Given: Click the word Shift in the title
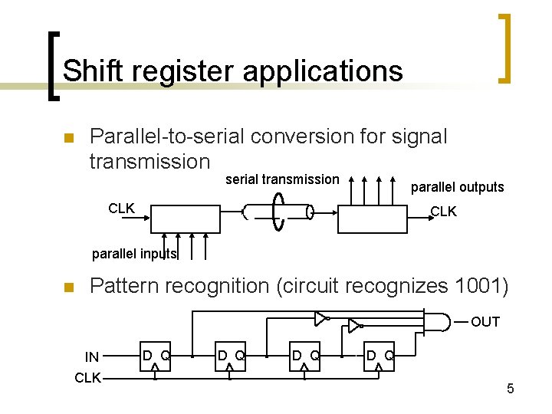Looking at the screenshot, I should coord(87,71).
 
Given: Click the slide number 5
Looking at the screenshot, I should coord(510,389).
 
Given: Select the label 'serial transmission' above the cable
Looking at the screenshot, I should coord(282,179).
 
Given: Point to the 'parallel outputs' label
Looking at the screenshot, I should coord(458,187).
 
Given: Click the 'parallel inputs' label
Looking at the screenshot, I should coord(134,254).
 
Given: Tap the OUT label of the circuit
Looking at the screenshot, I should coord(485,322).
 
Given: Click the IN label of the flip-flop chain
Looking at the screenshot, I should coord(92,356).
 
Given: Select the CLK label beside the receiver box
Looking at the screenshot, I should coord(443,212).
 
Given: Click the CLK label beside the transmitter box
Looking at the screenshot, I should coord(122,208).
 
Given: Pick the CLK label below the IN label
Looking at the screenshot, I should coord(87,377).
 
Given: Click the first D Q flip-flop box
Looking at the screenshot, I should coord(155,356).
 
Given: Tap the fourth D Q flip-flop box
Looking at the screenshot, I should coord(379,356).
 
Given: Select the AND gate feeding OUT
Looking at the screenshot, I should coord(438,320).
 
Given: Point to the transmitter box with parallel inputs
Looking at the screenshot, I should coord(186,219).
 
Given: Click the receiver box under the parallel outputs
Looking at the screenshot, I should coord(372,219).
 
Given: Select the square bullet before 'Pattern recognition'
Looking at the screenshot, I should coord(67,288).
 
